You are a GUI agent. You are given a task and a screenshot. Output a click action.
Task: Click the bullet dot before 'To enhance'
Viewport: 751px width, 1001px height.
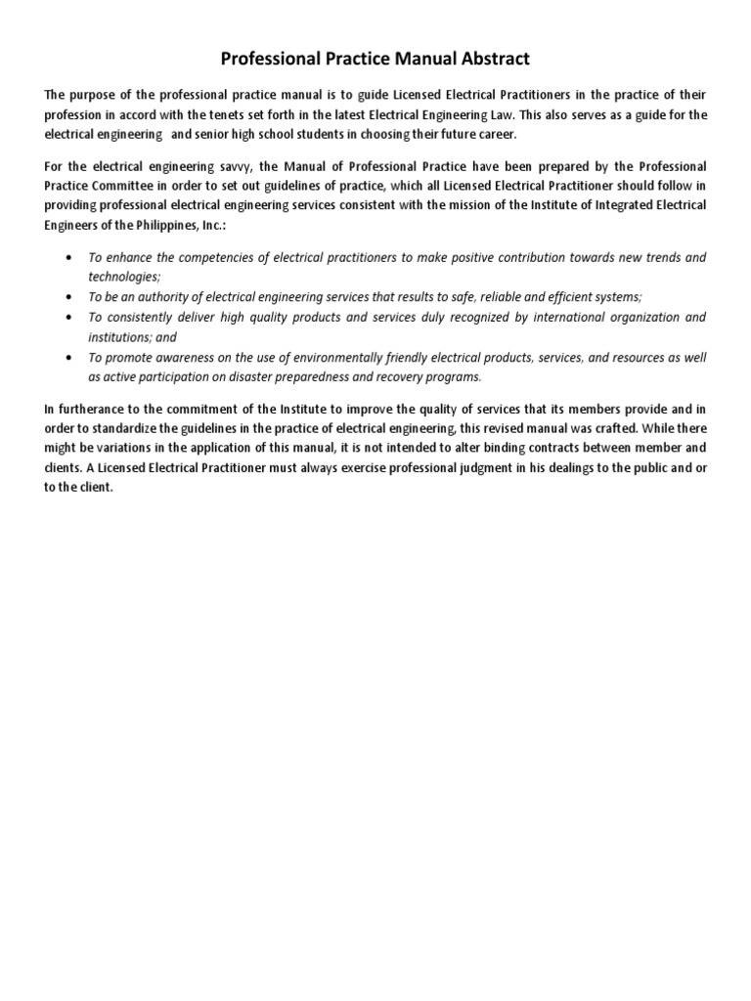click(66, 258)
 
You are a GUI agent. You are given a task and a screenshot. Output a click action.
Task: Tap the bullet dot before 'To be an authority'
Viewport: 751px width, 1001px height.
click(66, 297)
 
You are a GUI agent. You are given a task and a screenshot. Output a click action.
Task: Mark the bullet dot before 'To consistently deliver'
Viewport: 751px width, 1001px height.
click(66, 318)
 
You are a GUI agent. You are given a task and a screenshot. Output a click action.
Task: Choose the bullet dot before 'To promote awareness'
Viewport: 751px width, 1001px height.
click(66, 358)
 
